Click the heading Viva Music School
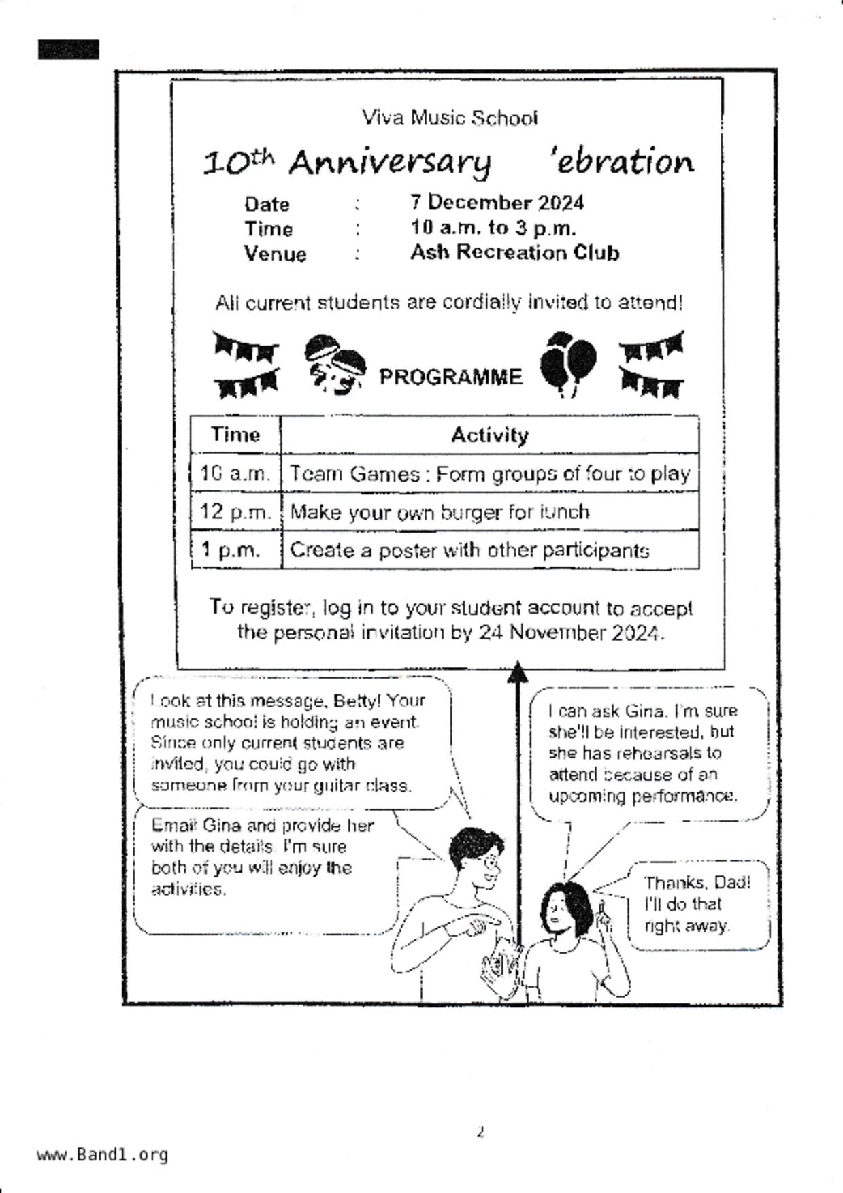pos(450,118)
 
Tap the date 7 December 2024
pos(497,203)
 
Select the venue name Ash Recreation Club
pos(514,252)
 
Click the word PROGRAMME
pos(450,377)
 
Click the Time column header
pos(235,435)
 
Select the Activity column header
pos(489,435)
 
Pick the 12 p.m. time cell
pos(235,511)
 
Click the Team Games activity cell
pos(489,473)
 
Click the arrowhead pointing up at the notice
pos(518,671)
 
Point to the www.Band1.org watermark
pos(102,1154)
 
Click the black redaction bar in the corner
pos(68,50)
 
